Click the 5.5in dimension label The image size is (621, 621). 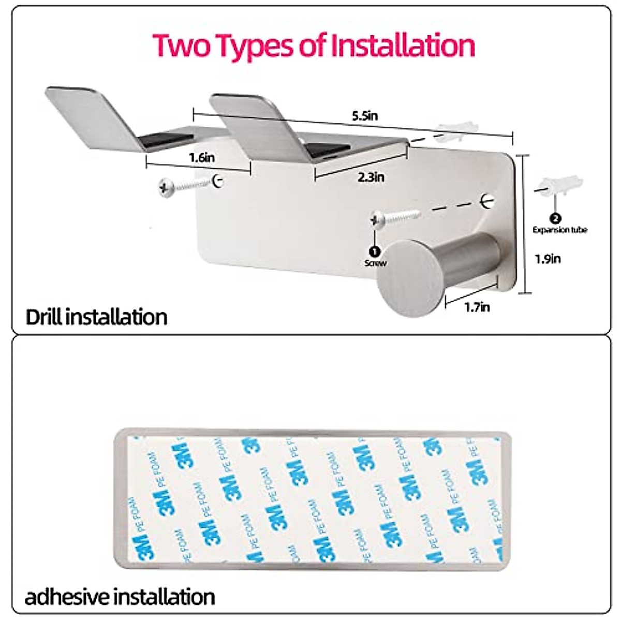pos(364,115)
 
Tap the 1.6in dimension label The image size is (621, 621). pos(202,157)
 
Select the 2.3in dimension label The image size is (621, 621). pos(371,177)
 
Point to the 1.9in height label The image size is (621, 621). pos(548,258)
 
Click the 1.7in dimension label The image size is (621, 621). pos(477,307)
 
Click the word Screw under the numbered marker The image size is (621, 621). pos(375,263)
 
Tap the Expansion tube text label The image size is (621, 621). pos(560,230)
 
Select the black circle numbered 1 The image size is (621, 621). pos(375,252)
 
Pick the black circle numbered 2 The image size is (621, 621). pos(556,219)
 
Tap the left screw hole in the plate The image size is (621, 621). pos(218,181)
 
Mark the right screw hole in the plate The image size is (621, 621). pos(487,201)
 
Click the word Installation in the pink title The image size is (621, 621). pos(403,46)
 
